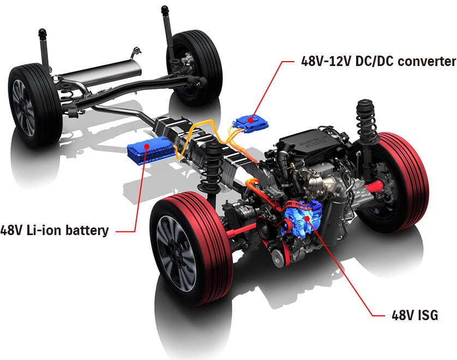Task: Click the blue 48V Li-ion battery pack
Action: tap(151, 151)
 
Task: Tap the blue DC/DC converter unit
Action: tap(252, 124)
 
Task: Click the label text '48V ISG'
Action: tap(415, 315)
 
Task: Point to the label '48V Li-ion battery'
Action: tap(55, 230)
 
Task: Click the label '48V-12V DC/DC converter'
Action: tap(378, 61)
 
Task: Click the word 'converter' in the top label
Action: tap(426, 62)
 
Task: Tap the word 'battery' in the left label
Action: tap(87, 230)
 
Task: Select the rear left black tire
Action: tap(34, 105)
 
